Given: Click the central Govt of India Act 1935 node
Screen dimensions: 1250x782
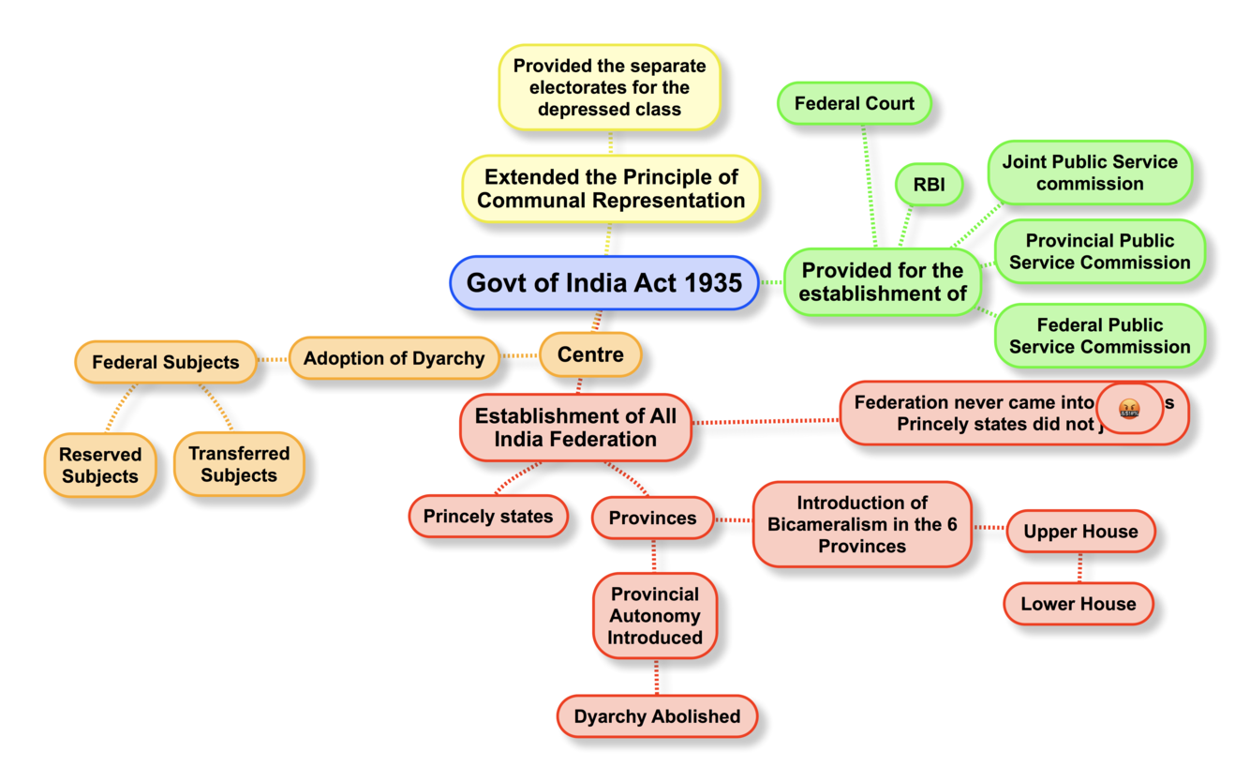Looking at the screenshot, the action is [604, 282].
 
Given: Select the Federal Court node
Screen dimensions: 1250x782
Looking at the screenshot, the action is [854, 103].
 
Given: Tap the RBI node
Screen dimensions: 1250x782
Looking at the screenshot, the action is [929, 185].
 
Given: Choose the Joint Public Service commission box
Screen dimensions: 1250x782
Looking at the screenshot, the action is [1090, 173].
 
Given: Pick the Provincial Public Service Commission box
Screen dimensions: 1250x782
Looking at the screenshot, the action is [1099, 252].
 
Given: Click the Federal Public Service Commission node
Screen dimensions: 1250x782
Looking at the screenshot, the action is [1099, 336].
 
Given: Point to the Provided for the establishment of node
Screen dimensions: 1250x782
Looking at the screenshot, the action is [883, 281].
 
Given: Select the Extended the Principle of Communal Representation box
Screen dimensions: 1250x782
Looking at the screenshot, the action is [611, 188].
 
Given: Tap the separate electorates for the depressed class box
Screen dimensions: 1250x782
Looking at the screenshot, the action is [609, 87].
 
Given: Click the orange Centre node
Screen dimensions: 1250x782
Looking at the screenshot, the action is [590, 355].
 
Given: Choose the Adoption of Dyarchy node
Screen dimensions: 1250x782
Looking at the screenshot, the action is [394, 358].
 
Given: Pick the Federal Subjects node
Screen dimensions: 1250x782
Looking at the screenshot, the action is [165, 362].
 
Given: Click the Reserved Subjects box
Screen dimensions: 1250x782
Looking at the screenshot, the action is [100, 465].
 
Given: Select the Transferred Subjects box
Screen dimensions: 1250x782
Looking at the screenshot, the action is [239, 464].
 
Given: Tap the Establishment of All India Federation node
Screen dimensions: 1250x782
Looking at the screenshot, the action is [575, 427].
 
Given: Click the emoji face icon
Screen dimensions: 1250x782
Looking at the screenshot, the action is [1129, 408].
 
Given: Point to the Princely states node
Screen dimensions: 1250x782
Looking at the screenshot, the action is [488, 517].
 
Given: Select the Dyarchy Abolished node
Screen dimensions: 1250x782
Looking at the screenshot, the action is [657, 716].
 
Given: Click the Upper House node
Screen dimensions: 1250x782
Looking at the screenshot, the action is [1080, 532].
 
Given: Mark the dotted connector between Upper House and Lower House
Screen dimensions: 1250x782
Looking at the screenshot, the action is [1080, 567].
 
